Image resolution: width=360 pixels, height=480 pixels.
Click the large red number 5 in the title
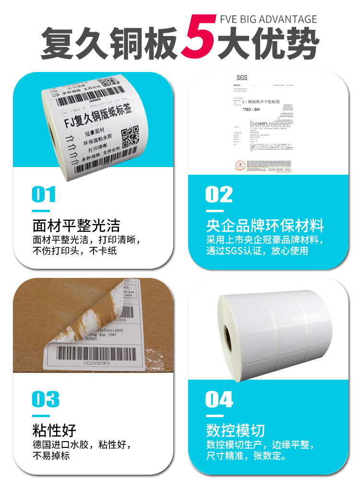click(x=198, y=38)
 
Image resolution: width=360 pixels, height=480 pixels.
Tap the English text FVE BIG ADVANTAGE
click(x=268, y=20)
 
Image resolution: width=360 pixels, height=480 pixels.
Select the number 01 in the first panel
click(x=44, y=194)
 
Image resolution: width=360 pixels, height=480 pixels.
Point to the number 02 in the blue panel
click(x=219, y=194)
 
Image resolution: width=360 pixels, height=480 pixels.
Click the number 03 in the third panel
click(x=46, y=399)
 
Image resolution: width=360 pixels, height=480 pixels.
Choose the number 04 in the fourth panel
click(x=219, y=399)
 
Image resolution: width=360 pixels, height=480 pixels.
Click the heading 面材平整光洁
click(x=76, y=225)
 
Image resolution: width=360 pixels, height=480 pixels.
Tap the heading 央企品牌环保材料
click(x=265, y=225)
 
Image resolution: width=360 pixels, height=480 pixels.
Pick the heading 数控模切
click(x=235, y=430)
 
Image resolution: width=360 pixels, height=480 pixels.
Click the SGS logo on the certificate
click(x=240, y=78)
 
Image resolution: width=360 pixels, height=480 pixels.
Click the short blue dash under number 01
click(x=41, y=210)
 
